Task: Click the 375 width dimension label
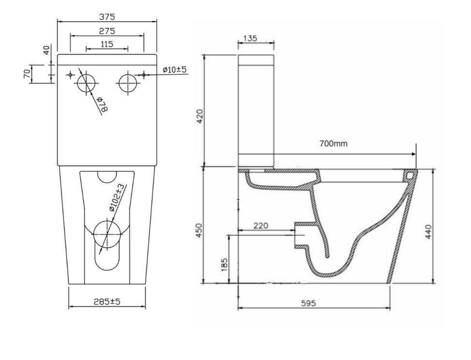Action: [107, 17]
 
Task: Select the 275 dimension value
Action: [107, 31]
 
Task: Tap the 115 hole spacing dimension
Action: [107, 44]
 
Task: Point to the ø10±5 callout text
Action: [175, 70]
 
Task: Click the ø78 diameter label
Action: [102, 105]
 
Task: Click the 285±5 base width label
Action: [107, 301]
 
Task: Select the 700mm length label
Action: [333, 144]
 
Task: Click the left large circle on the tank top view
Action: [86, 82]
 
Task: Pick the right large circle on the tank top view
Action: [128, 82]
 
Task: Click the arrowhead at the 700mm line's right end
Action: [413, 154]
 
